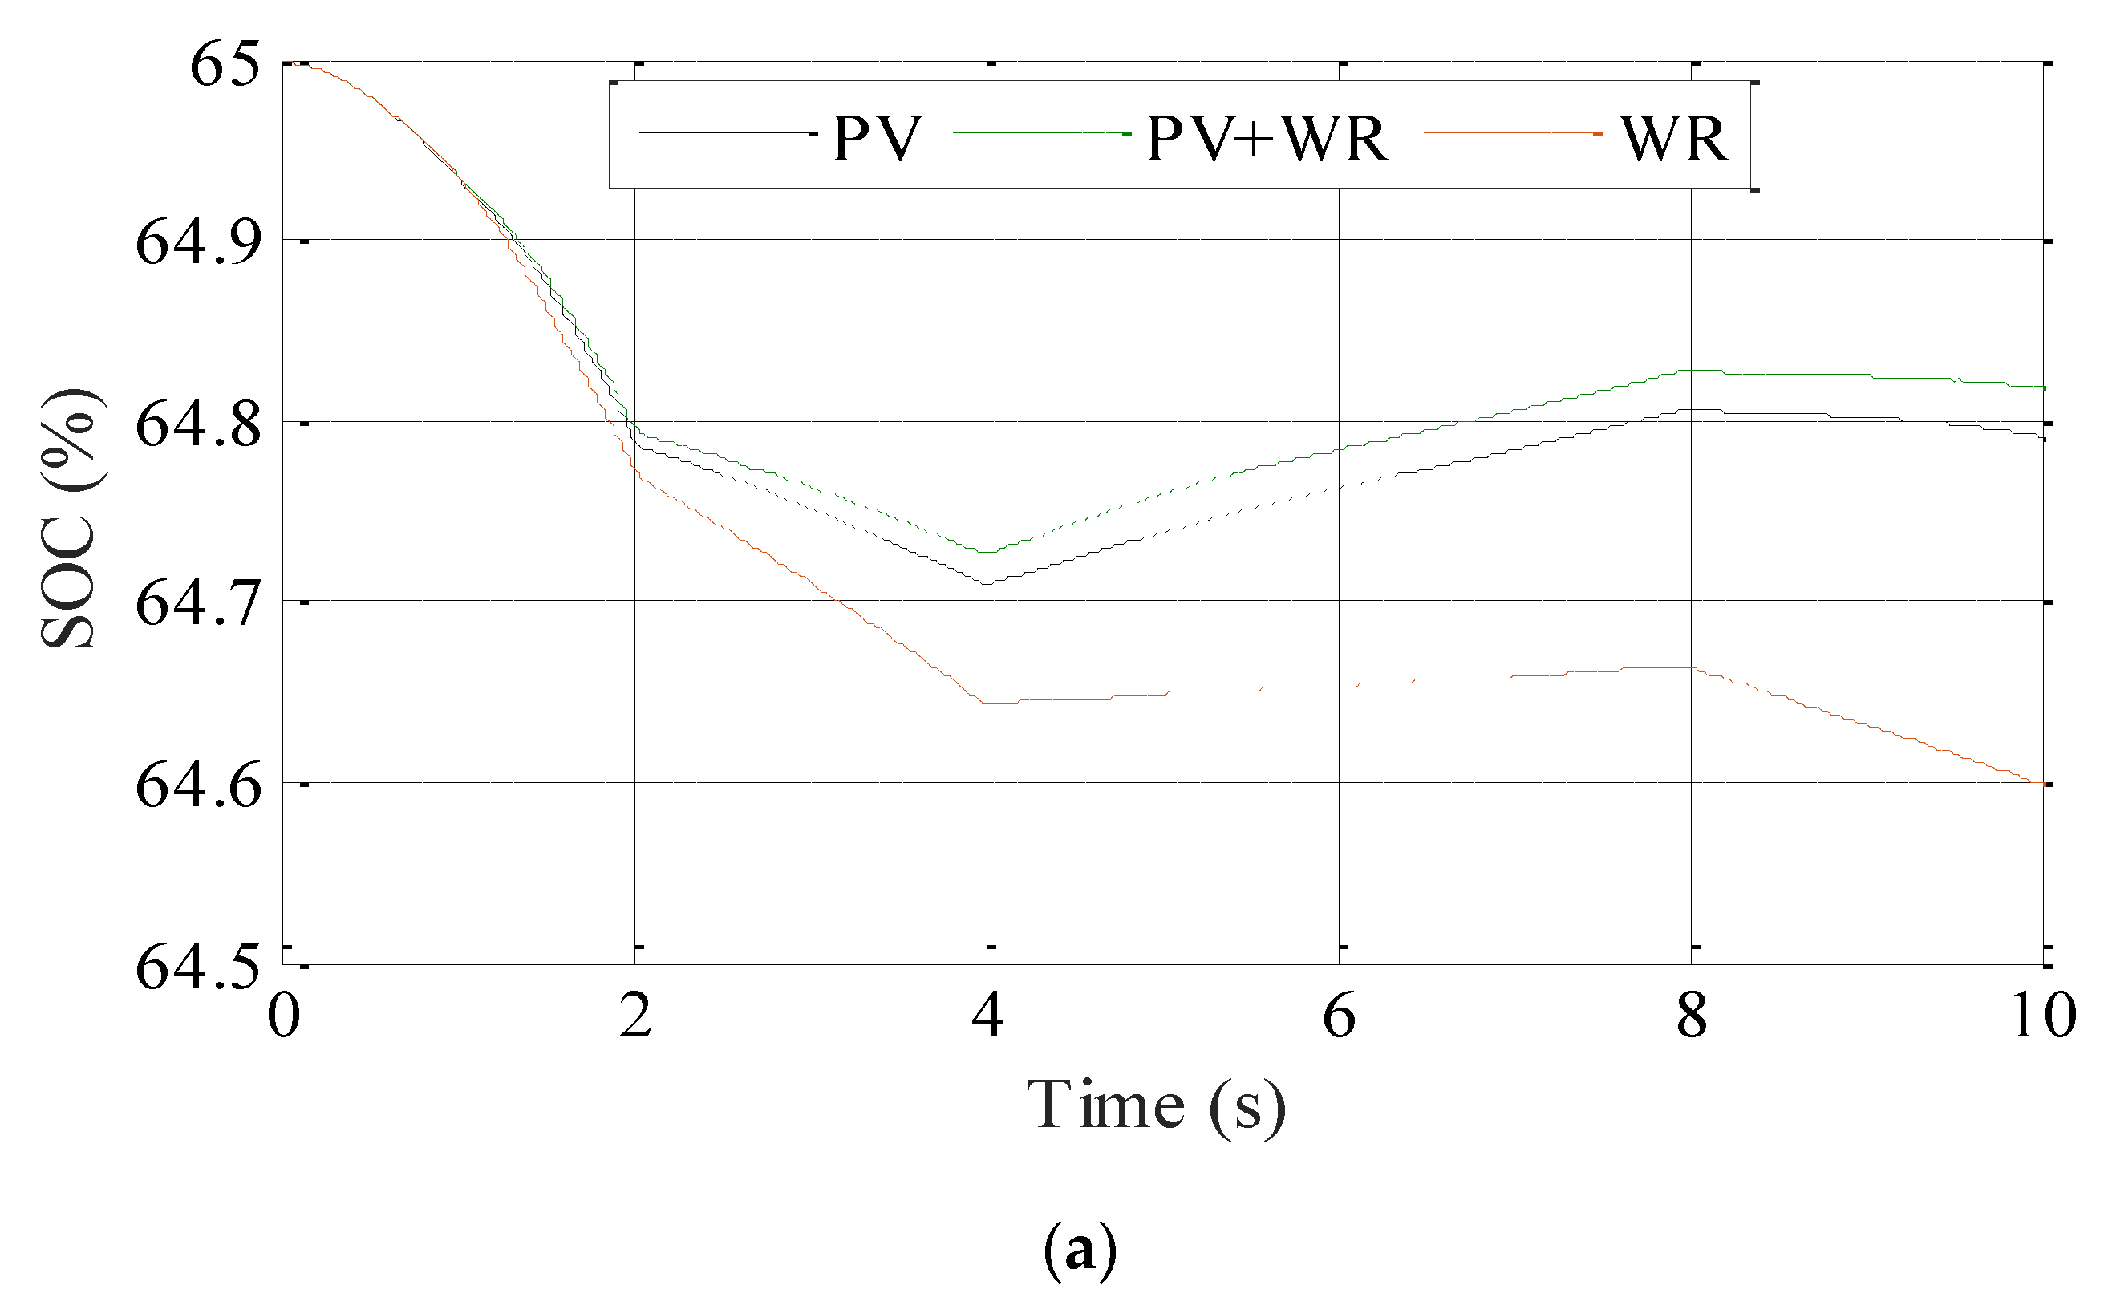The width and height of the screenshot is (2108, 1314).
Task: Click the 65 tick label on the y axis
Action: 224,64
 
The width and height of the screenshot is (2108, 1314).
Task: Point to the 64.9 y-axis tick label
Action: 198,241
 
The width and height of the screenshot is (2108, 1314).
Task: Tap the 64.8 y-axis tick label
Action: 198,425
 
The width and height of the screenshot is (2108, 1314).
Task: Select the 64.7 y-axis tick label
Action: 198,603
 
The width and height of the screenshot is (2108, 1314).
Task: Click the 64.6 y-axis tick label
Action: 198,785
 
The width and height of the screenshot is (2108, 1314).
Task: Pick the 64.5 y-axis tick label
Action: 198,967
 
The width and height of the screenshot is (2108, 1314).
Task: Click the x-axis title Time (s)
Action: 1156,1106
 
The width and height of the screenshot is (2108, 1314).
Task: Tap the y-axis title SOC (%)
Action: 70,518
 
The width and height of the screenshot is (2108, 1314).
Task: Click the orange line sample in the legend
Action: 1512,134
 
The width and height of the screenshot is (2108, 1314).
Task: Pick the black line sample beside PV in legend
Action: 728,134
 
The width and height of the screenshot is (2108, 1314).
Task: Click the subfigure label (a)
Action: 1079,1250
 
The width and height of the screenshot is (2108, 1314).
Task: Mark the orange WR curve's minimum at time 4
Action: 988,702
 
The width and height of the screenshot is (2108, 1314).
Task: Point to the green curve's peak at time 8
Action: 1691,371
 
